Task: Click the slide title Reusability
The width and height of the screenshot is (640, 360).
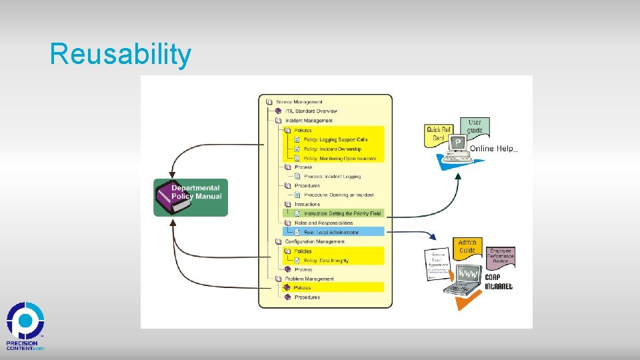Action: click(120, 55)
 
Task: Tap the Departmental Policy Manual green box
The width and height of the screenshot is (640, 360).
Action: click(191, 197)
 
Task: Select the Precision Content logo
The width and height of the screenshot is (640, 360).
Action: click(25, 327)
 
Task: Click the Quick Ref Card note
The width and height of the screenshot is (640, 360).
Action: click(438, 133)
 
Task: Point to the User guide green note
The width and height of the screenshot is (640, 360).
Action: click(475, 126)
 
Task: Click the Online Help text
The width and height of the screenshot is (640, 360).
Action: click(493, 149)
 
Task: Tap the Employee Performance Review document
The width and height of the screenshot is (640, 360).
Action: click(500, 256)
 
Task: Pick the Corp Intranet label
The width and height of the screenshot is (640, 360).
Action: click(499, 282)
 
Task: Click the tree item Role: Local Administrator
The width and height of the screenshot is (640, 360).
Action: click(331, 232)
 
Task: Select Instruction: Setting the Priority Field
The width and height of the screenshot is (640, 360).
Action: click(342, 213)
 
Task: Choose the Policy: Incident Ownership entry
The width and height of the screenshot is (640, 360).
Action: click(332, 149)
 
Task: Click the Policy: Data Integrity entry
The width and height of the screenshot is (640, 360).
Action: click(326, 261)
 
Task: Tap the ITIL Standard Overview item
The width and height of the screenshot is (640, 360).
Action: click(311, 111)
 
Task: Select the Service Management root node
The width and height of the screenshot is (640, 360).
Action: click(299, 102)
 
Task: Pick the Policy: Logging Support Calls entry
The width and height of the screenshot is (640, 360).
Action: click(335, 140)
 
